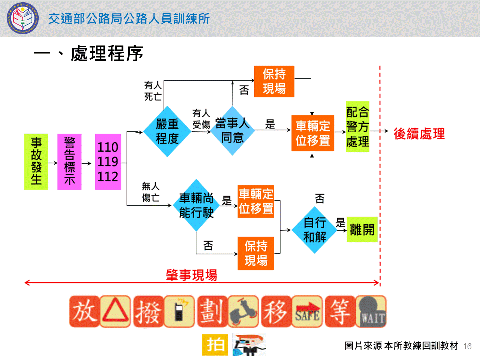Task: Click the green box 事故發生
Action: tap(36, 162)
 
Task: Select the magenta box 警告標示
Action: tap(69, 162)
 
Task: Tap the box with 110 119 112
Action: tap(108, 162)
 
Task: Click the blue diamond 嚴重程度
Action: tap(167, 131)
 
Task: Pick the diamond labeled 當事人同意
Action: tap(232, 130)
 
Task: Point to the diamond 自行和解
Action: tap(315, 230)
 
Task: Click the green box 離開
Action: tap(362, 229)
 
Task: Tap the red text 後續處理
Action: tap(419, 134)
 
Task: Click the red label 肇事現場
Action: tap(191, 275)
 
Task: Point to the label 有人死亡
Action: tap(152, 91)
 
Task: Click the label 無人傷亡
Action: tap(151, 192)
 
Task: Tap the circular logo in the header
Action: tap(21, 18)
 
